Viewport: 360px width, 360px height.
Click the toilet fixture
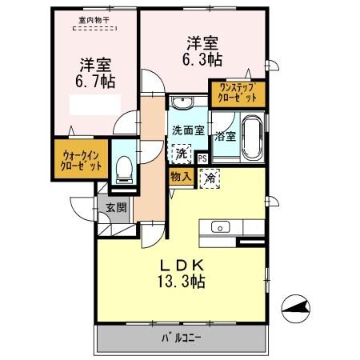124,168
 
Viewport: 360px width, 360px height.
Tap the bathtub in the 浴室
251,138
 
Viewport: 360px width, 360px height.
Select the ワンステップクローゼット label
238,93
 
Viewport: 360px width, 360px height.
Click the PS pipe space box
202,158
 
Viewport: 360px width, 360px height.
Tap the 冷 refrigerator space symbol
209,178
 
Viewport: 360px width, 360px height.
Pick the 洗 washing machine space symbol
182,152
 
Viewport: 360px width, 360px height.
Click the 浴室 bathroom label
226,137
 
